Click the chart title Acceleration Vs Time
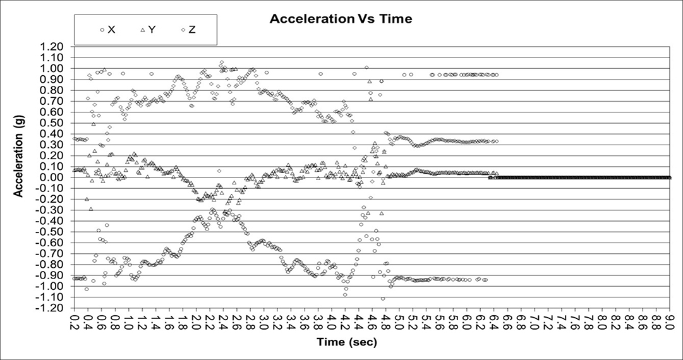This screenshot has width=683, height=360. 341,19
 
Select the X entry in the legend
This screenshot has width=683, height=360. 109,30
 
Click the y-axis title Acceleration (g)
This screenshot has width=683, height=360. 19,155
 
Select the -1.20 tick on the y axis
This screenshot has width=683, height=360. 57,308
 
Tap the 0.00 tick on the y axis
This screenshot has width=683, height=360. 59,177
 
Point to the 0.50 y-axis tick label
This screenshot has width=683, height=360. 59,123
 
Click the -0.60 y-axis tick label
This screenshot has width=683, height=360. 57,243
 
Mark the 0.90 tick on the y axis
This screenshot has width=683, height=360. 59,80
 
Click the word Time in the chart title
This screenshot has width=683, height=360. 397,19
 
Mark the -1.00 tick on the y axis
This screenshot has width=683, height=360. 57,286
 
